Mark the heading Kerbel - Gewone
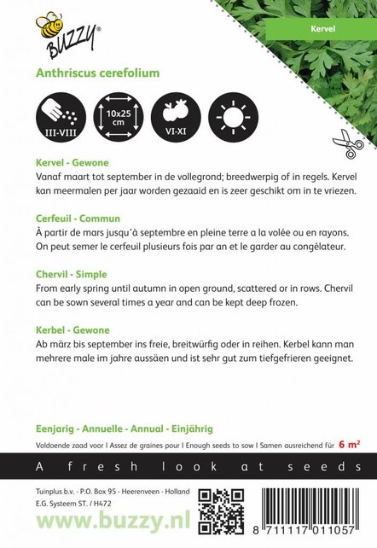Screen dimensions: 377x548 pyautogui.click(x=97, y=329)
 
